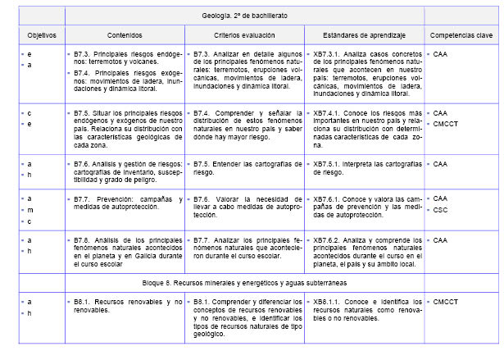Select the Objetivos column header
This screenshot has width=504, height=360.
click(x=40, y=36)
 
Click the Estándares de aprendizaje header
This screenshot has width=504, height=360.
click(x=365, y=36)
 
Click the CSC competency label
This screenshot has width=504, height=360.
click(x=440, y=210)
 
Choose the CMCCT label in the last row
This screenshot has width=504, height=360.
click(x=445, y=301)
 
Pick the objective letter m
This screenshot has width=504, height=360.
click(x=30, y=210)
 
